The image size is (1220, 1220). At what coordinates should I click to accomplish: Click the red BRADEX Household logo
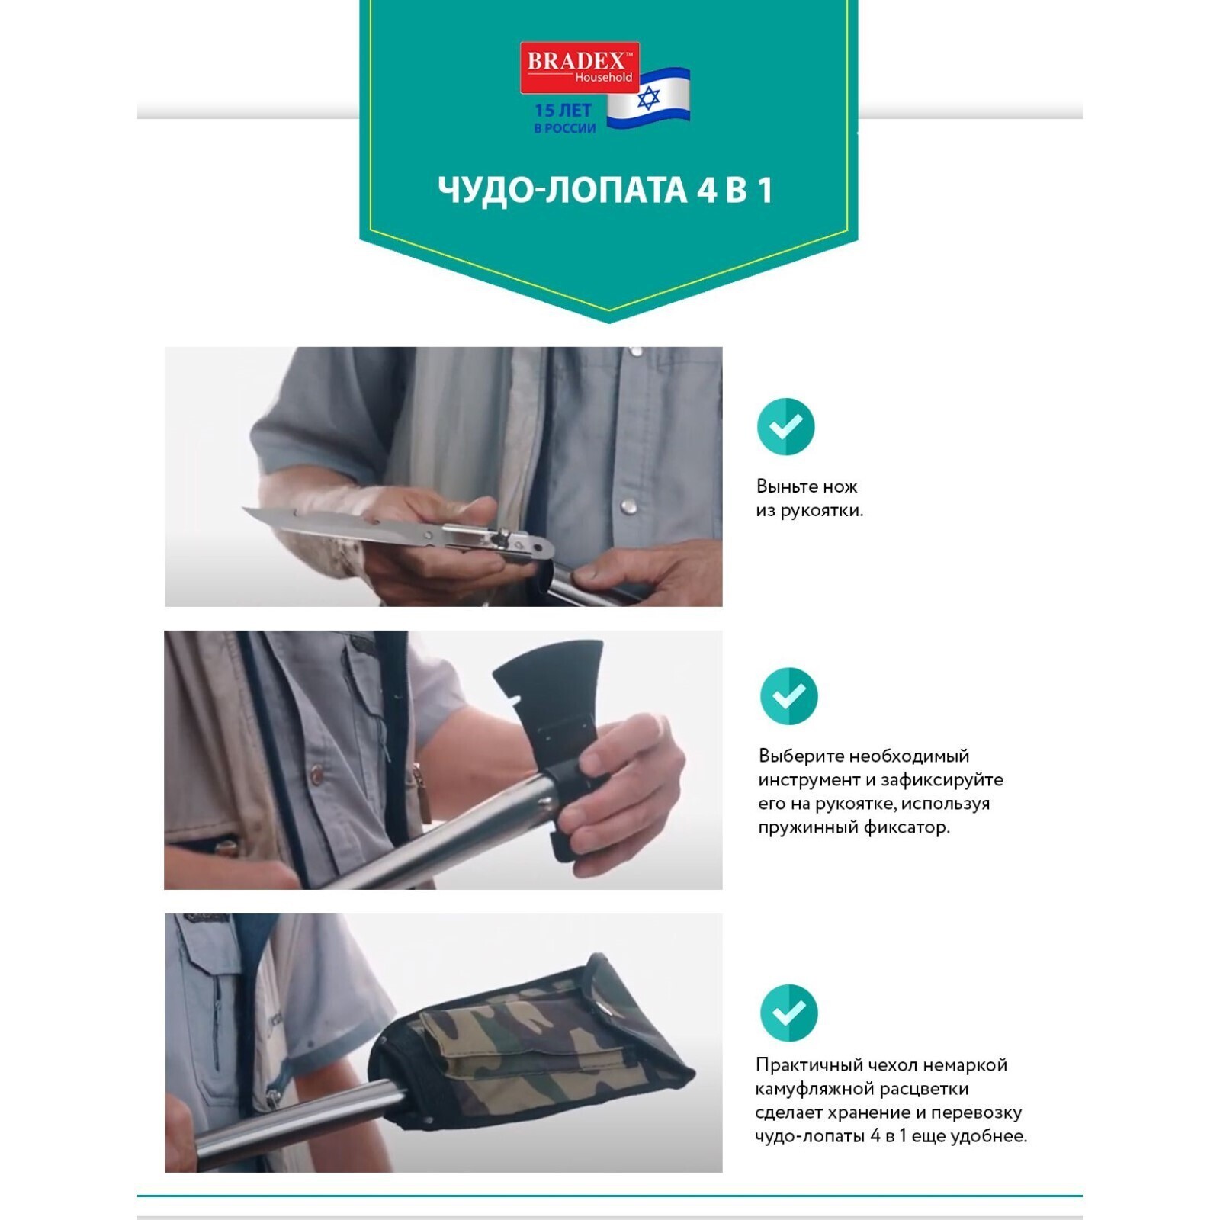[579, 67]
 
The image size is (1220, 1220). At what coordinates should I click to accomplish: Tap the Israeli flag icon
[649, 98]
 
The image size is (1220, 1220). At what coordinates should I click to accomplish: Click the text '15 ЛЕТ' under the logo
[563, 111]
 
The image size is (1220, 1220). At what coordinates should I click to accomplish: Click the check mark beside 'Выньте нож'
[785, 426]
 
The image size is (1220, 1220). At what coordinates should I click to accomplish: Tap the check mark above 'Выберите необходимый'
[788, 696]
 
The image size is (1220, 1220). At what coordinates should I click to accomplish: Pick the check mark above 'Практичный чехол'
[788, 1013]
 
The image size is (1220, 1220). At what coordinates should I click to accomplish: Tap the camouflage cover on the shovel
[534, 1052]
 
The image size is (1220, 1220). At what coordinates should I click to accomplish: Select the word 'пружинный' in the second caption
[807, 827]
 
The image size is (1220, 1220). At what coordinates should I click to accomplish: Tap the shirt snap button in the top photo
[630, 504]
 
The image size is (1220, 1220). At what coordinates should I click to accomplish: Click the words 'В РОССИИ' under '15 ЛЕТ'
[565, 129]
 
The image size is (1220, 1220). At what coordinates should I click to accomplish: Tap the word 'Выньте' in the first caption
[785, 486]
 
